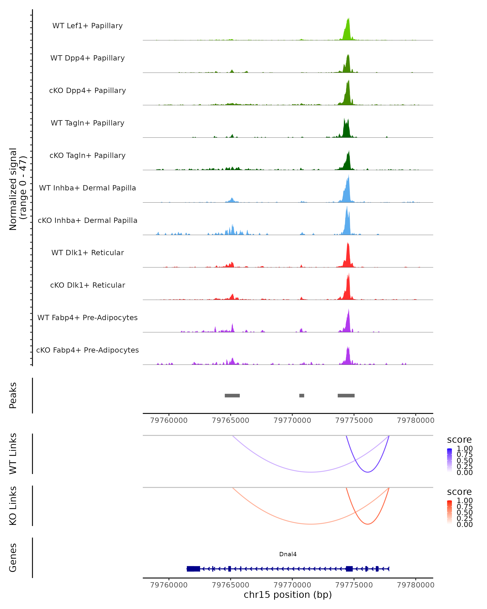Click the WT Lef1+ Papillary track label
[x=87, y=26]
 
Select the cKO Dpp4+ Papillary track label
[x=87, y=91]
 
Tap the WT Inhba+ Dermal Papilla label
[x=87, y=188]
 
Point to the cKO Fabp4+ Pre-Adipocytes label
[x=87, y=350]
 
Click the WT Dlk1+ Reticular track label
[x=87, y=253]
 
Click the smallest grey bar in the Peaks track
[x=302, y=395]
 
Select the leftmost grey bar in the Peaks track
[x=232, y=395]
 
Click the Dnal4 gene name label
[x=288, y=554]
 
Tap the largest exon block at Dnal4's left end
[x=193, y=569]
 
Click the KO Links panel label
[x=13, y=506]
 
